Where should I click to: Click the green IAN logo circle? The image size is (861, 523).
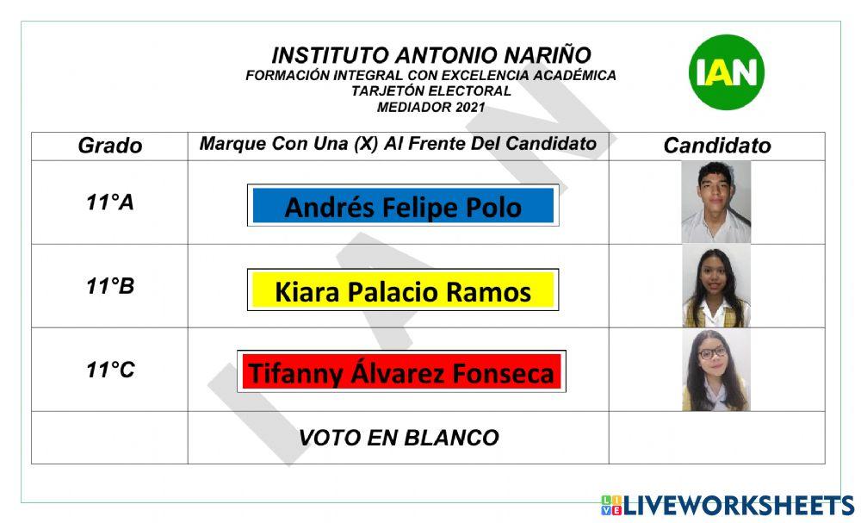pyautogui.click(x=726, y=72)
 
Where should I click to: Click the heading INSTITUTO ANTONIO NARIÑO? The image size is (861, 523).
pyautogui.click(x=431, y=55)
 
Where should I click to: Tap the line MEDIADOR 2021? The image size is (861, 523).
pyautogui.click(x=430, y=108)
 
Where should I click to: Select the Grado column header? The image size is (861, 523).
pyautogui.click(x=109, y=146)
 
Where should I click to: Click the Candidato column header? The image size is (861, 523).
pyautogui.click(x=716, y=146)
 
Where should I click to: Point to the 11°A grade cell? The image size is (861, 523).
pyautogui.click(x=109, y=202)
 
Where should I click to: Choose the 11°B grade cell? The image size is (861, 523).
pyautogui.click(x=109, y=286)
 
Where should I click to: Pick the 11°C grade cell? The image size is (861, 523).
pyautogui.click(x=109, y=370)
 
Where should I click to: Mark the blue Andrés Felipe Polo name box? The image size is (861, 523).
pyautogui.click(x=403, y=206)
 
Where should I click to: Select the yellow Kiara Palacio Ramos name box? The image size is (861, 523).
pyautogui.click(x=403, y=290)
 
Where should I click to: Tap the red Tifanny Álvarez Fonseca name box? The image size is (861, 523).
pyautogui.click(x=401, y=372)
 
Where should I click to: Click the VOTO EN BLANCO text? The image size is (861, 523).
pyautogui.click(x=399, y=438)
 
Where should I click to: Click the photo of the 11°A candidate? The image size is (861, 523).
pyautogui.click(x=716, y=202)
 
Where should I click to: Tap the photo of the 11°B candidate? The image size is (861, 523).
pyautogui.click(x=716, y=287)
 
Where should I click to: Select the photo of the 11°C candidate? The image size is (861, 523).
pyautogui.click(x=716, y=370)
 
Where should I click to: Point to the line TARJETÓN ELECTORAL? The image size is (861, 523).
pyautogui.click(x=430, y=91)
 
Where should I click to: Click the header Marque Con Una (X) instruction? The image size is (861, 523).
pyautogui.click(x=398, y=144)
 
